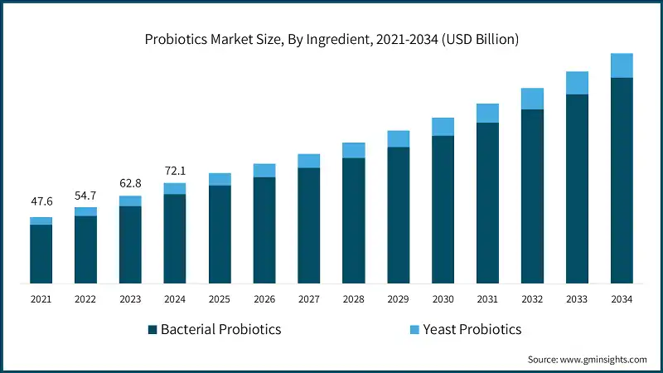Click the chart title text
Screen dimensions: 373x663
[x=331, y=40]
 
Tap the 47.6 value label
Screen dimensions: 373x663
[x=41, y=201]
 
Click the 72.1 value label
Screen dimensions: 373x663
[x=175, y=170]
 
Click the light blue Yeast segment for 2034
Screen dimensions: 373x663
[x=622, y=65]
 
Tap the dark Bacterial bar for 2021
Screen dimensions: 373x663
[x=41, y=254]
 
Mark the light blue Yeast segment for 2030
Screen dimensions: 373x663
[x=443, y=126]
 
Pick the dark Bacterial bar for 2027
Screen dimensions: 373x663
[x=309, y=225]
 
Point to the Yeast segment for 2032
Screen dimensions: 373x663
[x=532, y=99]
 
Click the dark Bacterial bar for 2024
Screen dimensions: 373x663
[x=175, y=239]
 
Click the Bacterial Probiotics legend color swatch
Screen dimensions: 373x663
[x=152, y=330]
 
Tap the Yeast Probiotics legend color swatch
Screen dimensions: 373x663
[x=414, y=330]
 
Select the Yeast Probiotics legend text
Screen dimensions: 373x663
[x=472, y=330]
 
